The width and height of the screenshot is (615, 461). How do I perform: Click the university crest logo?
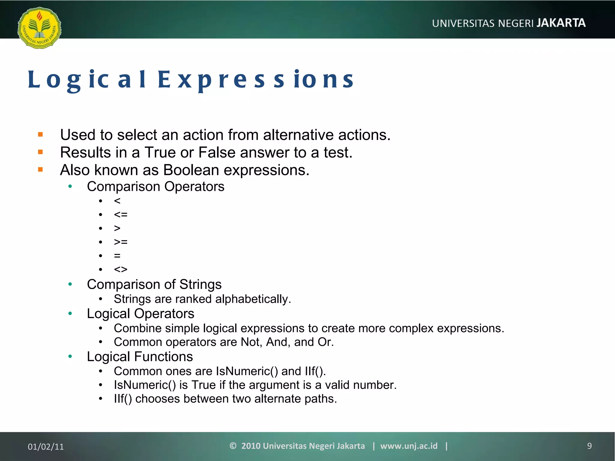(x=39, y=28)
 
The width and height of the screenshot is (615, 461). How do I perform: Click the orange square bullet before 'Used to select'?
(x=41, y=135)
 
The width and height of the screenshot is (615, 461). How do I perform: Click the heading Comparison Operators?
(x=156, y=186)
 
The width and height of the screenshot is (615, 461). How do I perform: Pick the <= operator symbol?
(x=121, y=215)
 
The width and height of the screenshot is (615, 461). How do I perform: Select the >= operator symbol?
(x=121, y=242)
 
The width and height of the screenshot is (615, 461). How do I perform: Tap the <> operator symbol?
(x=121, y=269)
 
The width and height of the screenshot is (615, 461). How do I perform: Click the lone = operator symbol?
(x=117, y=256)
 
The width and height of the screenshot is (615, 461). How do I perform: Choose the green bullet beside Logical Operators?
(x=70, y=314)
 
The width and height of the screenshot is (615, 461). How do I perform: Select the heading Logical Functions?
(x=140, y=357)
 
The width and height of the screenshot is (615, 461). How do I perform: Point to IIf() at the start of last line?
(x=123, y=399)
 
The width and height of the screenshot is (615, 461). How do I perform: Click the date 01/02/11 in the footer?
(x=46, y=447)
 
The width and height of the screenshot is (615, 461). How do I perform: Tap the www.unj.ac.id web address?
(x=409, y=446)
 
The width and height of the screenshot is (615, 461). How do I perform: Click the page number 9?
(x=589, y=446)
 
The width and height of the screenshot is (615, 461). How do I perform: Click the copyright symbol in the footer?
(x=233, y=446)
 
